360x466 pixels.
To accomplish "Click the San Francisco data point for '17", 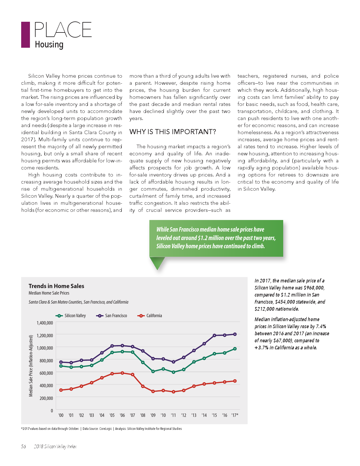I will [x=235, y=334].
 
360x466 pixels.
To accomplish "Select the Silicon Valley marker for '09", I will [x=153, y=371].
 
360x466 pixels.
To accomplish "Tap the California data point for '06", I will [x=122, y=373].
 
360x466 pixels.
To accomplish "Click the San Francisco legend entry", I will [x=112, y=316].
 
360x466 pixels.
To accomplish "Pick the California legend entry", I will [x=150, y=316].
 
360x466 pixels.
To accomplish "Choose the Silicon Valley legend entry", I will [x=71, y=316].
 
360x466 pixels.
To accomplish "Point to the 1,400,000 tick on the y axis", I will [x=45, y=323].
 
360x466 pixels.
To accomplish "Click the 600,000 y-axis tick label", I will [x=45, y=373].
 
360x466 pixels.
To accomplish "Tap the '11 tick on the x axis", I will [x=173, y=415].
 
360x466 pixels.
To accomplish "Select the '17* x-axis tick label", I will [x=235, y=415].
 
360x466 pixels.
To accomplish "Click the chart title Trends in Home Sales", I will [x=56, y=286].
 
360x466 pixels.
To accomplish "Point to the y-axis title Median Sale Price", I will [x=31, y=366].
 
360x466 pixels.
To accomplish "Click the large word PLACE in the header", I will [x=63, y=30].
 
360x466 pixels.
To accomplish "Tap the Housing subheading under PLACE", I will [x=49, y=45].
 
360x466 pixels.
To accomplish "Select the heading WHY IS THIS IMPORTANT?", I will [x=173, y=132].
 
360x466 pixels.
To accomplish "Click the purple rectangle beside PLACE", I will [x=25, y=35].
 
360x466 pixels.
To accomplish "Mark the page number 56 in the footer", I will [x=23, y=447].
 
